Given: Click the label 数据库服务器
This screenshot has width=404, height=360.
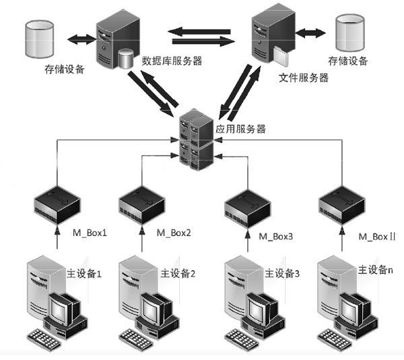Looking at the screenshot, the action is (x=172, y=61).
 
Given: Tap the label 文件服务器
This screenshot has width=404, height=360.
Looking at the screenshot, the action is (x=304, y=78).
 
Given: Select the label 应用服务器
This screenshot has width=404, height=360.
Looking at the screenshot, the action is (x=240, y=129).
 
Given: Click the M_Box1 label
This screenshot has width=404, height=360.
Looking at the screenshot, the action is (x=90, y=233).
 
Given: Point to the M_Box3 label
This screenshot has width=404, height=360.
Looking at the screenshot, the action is (x=275, y=237).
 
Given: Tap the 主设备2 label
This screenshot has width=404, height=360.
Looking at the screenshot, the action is (x=178, y=273).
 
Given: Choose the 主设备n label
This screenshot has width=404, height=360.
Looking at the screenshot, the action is (x=376, y=270).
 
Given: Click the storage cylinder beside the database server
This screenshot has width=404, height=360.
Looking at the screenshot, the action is (x=40, y=39).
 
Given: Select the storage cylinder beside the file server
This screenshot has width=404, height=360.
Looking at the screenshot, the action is (x=350, y=33).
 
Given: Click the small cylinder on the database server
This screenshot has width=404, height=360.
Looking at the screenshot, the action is (x=126, y=59).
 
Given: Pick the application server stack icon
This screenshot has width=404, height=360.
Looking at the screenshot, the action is (x=197, y=140).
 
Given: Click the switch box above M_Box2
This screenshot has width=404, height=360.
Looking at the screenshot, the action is (x=141, y=205).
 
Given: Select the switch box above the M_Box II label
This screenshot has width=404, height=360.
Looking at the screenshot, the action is (x=342, y=205).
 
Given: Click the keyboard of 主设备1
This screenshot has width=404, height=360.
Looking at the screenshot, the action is (x=44, y=340).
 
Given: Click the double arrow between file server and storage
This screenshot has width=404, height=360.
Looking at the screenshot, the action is (x=310, y=33).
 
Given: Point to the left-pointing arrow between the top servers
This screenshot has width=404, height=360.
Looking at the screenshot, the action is (x=199, y=32).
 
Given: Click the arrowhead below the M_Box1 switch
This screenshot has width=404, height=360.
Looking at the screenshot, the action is (x=57, y=231).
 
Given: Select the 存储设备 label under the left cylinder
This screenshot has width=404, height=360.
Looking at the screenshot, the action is (x=65, y=69).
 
